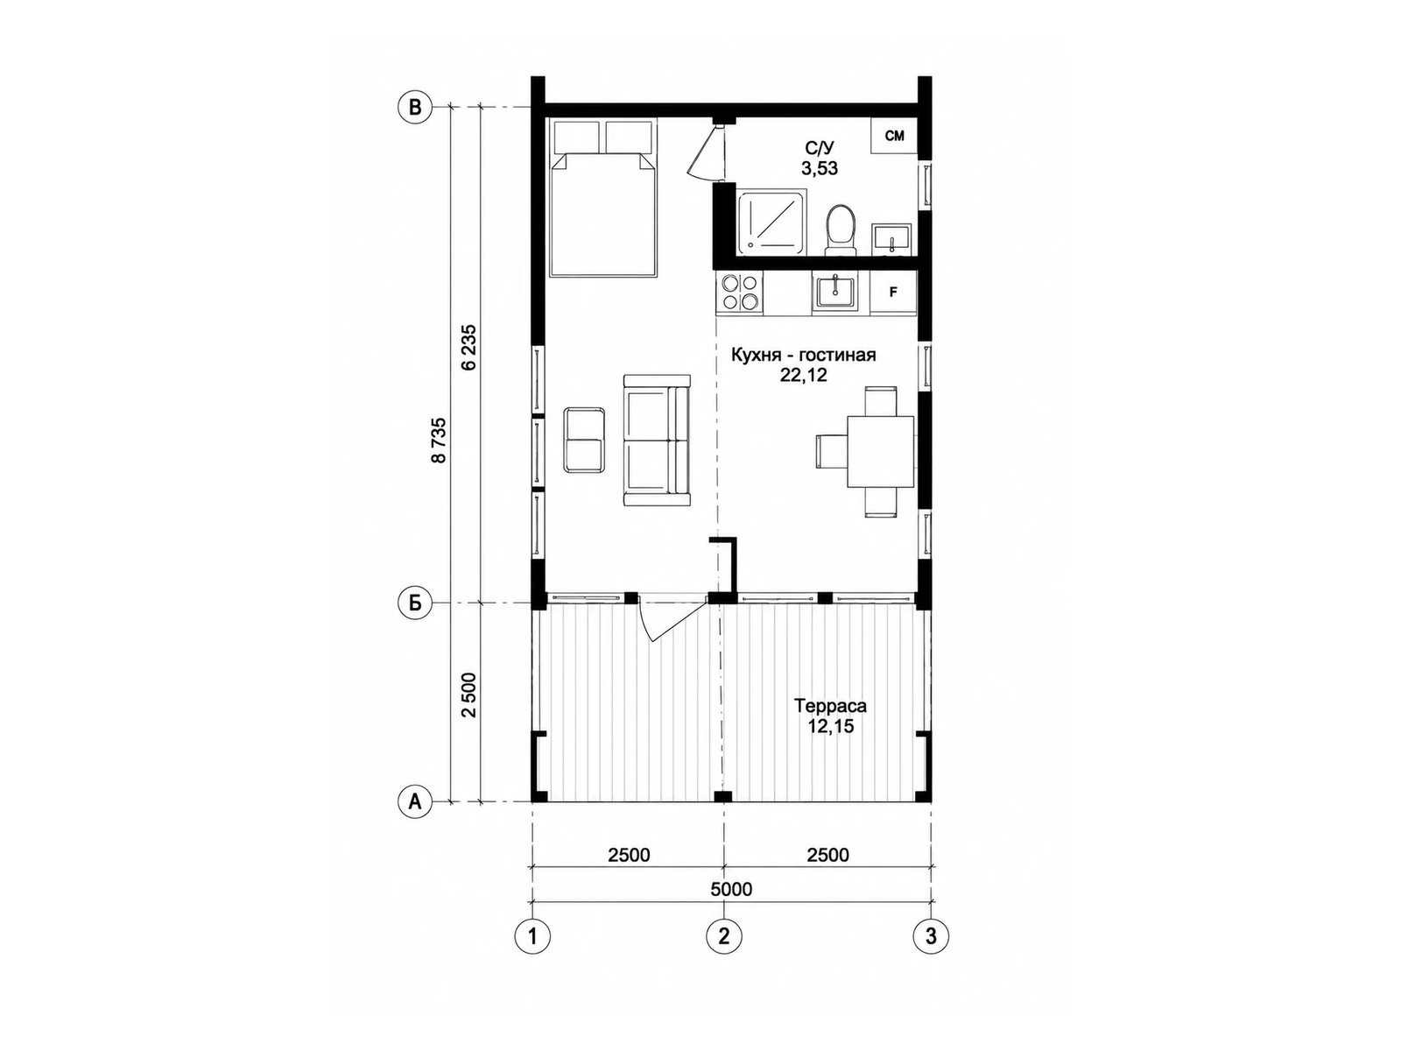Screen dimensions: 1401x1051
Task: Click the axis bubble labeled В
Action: pyautogui.click(x=415, y=107)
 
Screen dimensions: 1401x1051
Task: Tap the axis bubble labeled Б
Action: pyautogui.click(x=415, y=603)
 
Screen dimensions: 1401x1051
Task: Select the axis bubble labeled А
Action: pyautogui.click(x=415, y=801)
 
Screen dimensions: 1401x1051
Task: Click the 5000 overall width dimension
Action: pyautogui.click(x=731, y=889)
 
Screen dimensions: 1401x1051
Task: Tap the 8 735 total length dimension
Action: pyautogui.click(x=440, y=441)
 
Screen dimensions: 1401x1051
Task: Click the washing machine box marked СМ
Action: pyautogui.click(x=894, y=135)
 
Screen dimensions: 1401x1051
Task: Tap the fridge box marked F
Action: pyautogui.click(x=894, y=293)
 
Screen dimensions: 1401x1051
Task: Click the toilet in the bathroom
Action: pyautogui.click(x=840, y=229)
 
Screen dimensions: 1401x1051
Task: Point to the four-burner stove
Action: pyautogui.click(x=740, y=293)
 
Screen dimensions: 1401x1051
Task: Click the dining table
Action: pyautogui.click(x=881, y=452)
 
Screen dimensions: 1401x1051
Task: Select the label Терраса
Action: pyautogui.click(x=830, y=707)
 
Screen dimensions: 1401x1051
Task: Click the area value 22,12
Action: pyautogui.click(x=803, y=375)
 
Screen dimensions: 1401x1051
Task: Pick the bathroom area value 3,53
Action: pyautogui.click(x=820, y=168)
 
